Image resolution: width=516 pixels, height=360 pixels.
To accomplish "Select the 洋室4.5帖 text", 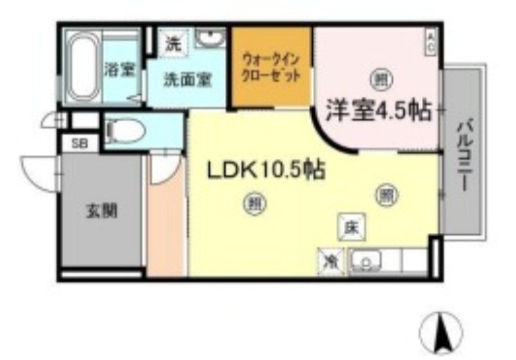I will click(x=378, y=110).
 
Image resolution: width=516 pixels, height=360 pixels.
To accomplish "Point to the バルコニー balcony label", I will click(x=462, y=154).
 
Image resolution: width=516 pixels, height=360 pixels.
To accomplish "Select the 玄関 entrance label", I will click(x=102, y=211).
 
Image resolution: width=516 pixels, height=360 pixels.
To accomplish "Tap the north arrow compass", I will click(x=442, y=331).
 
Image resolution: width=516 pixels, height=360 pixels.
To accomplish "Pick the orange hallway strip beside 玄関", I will click(x=166, y=219).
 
